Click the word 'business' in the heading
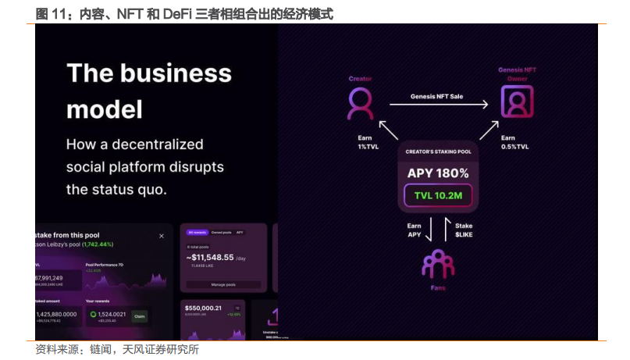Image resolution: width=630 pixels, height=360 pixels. point(182,73)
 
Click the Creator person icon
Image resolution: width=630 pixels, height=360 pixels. point(360,102)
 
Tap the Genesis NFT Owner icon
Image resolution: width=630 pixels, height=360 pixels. point(517,102)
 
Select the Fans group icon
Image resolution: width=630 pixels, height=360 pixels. point(438,263)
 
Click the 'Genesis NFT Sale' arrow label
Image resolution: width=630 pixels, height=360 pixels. point(437,97)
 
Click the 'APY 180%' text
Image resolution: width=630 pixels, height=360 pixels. point(438,173)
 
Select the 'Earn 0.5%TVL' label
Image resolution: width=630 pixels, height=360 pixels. point(514,142)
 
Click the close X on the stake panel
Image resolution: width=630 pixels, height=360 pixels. point(162,235)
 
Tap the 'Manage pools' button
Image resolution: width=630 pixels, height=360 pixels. point(223,284)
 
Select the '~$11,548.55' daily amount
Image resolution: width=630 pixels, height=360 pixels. point(211,257)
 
